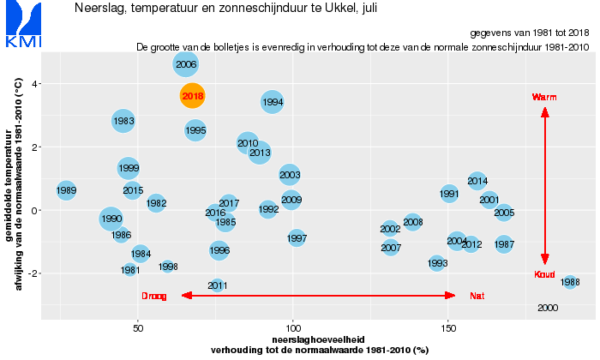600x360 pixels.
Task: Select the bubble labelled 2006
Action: [x=186, y=64]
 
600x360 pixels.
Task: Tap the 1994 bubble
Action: [x=273, y=102]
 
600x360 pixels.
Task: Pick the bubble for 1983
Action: [x=123, y=121]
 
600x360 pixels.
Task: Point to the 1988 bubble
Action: [x=570, y=282]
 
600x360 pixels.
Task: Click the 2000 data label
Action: [x=548, y=308]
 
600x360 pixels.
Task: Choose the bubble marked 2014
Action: [x=477, y=181]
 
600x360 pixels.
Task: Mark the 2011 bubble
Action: [x=217, y=285]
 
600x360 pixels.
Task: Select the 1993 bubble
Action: [x=437, y=263]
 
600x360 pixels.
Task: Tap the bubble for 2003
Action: [x=290, y=175]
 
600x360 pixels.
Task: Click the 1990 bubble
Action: [x=111, y=219]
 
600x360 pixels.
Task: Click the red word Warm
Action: [x=544, y=97]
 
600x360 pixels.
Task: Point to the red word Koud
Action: [x=544, y=274]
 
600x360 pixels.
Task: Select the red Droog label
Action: [x=154, y=296]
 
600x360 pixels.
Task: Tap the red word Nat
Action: [x=477, y=296]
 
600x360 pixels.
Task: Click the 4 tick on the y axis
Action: [x=34, y=84]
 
